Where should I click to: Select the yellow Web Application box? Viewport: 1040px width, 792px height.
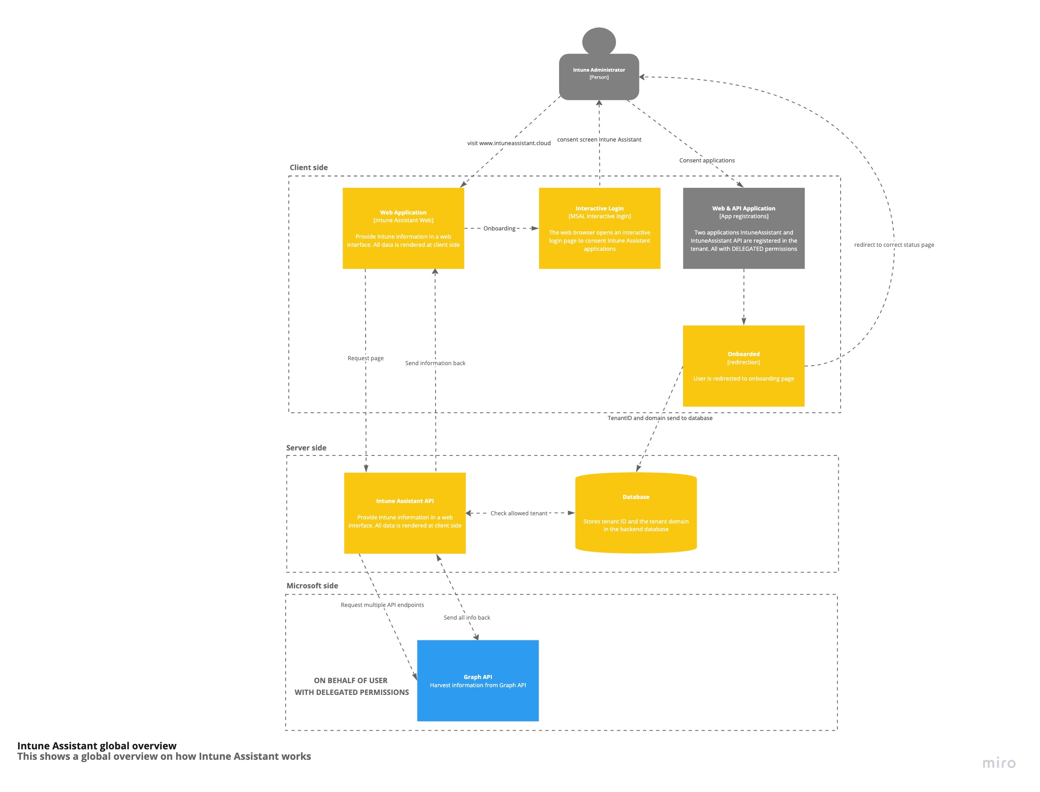click(403, 228)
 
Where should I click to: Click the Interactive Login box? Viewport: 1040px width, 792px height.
click(599, 228)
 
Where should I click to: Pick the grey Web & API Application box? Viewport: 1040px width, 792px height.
click(743, 228)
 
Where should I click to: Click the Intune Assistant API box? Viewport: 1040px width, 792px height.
click(404, 513)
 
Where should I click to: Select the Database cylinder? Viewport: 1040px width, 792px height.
click(636, 513)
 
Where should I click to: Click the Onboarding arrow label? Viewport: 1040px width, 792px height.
click(499, 228)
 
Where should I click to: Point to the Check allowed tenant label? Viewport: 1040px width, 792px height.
click(519, 513)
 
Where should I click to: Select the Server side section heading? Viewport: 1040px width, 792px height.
click(306, 447)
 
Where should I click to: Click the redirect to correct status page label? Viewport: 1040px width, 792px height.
click(894, 244)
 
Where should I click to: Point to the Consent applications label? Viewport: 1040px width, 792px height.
click(706, 160)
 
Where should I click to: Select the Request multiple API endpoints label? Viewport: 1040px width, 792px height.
click(382, 605)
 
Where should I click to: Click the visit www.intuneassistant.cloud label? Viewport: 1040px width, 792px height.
click(509, 143)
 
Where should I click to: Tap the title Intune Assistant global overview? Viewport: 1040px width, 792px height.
click(97, 745)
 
